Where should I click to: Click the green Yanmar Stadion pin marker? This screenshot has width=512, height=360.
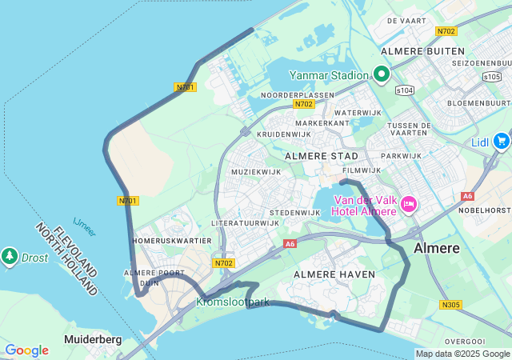[x=382, y=75]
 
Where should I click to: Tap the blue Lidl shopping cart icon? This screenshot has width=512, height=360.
[x=502, y=142]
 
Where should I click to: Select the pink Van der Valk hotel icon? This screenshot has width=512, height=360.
[x=409, y=205]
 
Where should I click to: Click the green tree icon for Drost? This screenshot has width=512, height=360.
[x=10, y=256]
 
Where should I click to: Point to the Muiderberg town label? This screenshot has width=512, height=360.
[x=93, y=339]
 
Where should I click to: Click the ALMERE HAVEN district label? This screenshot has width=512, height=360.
[x=334, y=274]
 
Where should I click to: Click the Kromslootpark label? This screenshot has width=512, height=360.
[x=233, y=302]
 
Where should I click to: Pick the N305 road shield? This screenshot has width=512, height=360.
[x=450, y=305]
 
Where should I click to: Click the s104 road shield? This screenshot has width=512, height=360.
[x=406, y=90]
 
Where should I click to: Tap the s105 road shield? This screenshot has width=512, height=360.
[x=492, y=76]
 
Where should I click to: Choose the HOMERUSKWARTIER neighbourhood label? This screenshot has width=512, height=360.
[x=173, y=240]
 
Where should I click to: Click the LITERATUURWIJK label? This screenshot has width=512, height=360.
[x=245, y=222]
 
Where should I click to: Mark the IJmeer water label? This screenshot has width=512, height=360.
[x=84, y=226]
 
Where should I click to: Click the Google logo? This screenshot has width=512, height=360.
[x=26, y=350]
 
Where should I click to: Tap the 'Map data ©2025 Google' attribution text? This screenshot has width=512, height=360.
[x=462, y=354]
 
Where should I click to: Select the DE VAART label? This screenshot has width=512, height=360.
[x=405, y=20]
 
